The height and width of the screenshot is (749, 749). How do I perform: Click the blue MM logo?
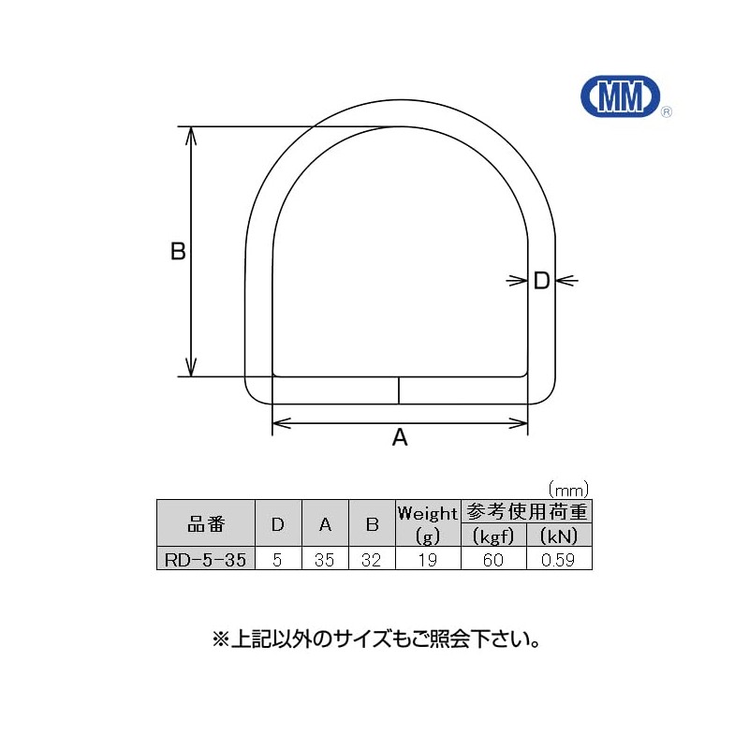[620, 96]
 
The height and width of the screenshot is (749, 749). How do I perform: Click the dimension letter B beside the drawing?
[178, 251]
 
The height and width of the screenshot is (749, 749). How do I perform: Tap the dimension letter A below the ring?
[400, 437]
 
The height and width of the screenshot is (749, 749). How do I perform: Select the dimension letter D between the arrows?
[542, 281]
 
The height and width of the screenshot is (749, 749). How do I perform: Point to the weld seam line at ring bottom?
[399, 390]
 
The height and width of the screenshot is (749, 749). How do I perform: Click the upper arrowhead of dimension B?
[191, 136]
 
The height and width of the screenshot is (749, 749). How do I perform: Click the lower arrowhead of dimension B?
[191, 367]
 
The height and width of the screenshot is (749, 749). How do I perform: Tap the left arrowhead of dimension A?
[282, 423]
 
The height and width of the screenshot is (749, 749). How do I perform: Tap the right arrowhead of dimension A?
[519, 423]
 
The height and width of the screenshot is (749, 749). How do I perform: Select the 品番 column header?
[206, 523]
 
